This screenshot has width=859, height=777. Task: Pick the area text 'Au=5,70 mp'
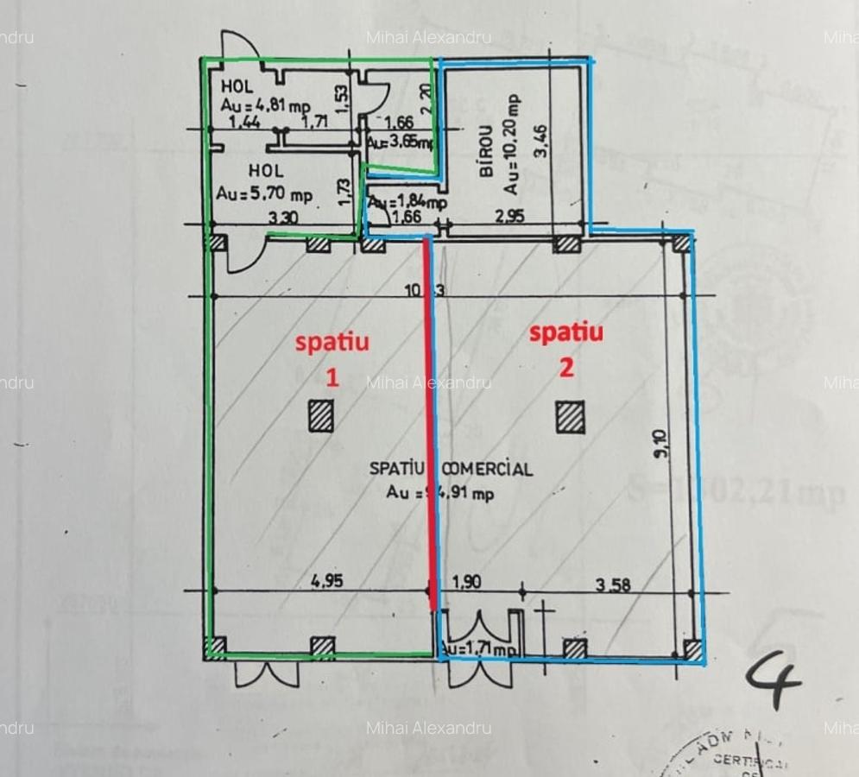click(x=265, y=194)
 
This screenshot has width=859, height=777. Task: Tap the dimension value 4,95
click(x=327, y=581)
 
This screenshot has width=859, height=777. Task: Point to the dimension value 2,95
click(x=508, y=217)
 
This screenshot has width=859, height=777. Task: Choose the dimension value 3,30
click(x=283, y=218)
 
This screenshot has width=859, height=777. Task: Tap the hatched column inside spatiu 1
click(x=321, y=415)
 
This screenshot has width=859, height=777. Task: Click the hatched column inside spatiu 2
click(x=570, y=418)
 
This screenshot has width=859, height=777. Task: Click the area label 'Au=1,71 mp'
click(x=480, y=647)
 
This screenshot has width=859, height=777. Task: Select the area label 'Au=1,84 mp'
click(x=408, y=203)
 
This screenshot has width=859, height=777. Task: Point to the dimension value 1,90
click(x=467, y=582)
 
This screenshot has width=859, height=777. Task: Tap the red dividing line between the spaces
click(x=429, y=432)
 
